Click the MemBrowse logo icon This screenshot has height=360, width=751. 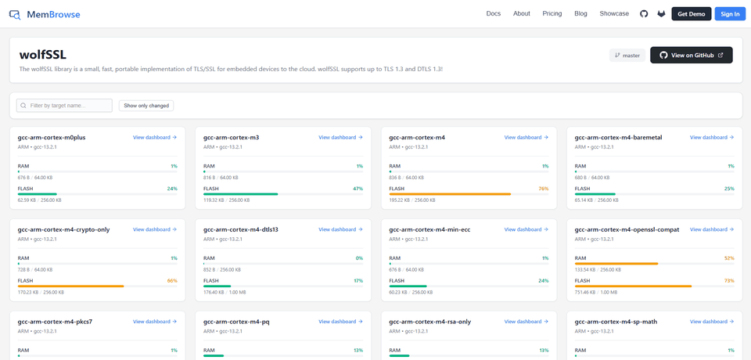[x=15, y=14]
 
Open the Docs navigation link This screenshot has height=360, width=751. [x=494, y=14]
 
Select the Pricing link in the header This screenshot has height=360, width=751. [x=552, y=14]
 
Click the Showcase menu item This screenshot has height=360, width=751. [x=614, y=14]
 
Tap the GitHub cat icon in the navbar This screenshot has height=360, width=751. [x=644, y=14]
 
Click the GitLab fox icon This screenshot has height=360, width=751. [x=661, y=14]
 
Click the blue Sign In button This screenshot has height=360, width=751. [x=730, y=14]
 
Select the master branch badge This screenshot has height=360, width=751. [x=627, y=55]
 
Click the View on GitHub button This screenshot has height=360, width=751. [x=691, y=55]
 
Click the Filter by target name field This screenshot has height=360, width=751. [x=64, y=106]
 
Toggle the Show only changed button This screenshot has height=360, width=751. [x=146, y=106]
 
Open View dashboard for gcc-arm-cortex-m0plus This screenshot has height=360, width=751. [x=155, y=138]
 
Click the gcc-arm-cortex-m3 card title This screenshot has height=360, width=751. [x=232, y=138]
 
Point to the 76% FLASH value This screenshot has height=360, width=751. [x=543, y=189]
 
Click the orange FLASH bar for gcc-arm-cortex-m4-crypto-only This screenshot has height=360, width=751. [x=71, y=286]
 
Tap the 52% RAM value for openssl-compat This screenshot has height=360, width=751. [x=729, y=258]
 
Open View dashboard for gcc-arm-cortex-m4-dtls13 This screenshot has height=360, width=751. [x=340, y=229]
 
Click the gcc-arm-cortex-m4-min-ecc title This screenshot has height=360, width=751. [x=429, y=229]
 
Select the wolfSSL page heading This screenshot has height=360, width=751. [x=42, y=55]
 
